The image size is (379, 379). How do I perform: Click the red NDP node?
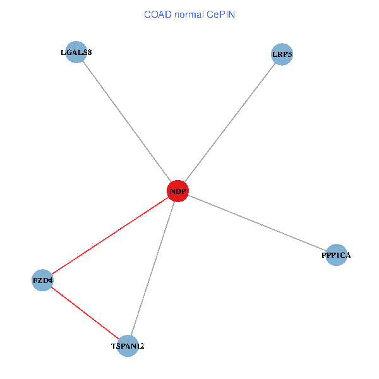click(x=177, y=191)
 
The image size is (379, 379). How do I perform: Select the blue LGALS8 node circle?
click(x=76, y=52)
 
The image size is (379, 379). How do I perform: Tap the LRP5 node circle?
click(x=282, y=54)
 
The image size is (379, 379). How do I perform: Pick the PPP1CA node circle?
click(x=336, y=255)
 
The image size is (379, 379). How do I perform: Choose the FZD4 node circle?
click(x=42, y=280)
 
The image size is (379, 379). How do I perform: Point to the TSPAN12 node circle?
click(x=128, y=346)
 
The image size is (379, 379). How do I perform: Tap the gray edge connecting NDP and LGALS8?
click(x=126, y=121)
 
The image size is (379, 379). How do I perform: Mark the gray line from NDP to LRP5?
click(x=230, y=123)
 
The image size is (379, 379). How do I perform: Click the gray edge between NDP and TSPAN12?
click(x=153, y=268)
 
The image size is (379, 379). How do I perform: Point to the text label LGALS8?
click(x=76, y=52)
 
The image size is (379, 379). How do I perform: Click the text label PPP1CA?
click(x=336, y=255)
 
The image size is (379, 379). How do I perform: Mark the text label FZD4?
click(x=43, y=280)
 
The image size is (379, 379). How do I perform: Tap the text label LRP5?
click(x=282, y=54)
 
